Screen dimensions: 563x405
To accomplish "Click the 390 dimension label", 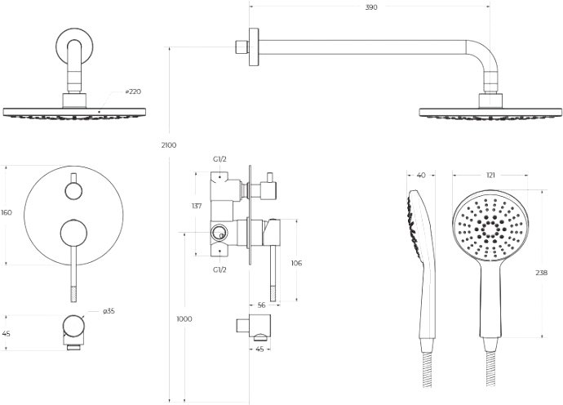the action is point(371,7).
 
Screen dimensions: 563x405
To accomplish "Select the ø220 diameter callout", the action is point(133,91).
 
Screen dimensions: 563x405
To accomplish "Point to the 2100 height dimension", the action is point(169,145).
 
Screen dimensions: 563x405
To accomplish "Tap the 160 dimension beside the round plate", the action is point(7,213).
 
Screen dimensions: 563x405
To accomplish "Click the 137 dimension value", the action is point(197,207).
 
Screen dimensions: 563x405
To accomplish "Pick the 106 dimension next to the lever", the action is point(296,263).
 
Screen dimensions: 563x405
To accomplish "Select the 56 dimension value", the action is point(261,305).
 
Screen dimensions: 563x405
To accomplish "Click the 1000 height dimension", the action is point(184,319).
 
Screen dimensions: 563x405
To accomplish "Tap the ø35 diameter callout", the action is point(109,311).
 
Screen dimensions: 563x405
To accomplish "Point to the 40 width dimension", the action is point(421,176).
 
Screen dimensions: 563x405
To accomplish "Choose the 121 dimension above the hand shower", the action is point(490,176).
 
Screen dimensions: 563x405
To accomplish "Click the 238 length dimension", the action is point(542,273).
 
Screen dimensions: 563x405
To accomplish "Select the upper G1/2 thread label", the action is point(219,159).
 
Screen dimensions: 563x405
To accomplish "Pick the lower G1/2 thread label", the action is point(219,269).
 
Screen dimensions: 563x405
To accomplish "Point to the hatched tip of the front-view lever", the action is point(74,294).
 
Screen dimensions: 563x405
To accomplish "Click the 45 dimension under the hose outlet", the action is point(259,349).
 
